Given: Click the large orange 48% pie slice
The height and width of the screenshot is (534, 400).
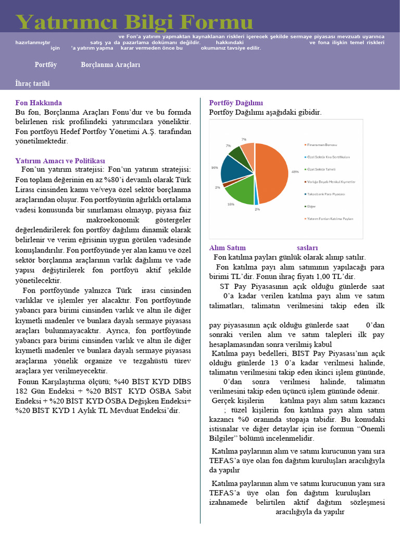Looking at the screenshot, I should tap(272, 172).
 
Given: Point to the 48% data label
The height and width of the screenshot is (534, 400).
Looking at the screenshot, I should tap(295, 172).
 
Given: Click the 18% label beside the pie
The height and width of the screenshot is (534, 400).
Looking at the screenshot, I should tap(231, 204).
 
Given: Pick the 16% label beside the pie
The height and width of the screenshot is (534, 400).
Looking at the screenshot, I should tap(214, 167).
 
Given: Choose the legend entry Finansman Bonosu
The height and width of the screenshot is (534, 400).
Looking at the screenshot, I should tap(323, 144).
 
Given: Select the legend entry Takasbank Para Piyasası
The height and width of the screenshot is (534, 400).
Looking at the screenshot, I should tap(327, 194).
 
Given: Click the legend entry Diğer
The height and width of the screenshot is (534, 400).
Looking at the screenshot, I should tap(312, 207).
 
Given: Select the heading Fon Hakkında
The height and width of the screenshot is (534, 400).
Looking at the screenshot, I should tap(39, 103).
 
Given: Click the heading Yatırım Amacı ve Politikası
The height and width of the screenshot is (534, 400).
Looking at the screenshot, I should tap(60, 161).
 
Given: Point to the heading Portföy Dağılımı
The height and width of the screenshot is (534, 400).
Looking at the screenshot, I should tap(236, 103).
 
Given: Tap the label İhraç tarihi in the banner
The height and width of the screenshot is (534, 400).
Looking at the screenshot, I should tap(33, 83).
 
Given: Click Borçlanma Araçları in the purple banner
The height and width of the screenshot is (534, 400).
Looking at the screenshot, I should tap(110, 65).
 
